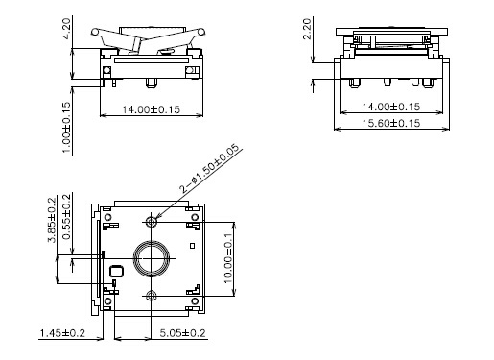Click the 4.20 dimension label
coord(66,29)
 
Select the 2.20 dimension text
coord(307,29)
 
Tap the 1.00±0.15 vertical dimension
coord(66,128)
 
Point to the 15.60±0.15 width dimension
coord(391,123)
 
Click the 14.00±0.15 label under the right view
coord(391,107)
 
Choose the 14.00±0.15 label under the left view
coord(152,109)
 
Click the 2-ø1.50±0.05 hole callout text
coord(209,169)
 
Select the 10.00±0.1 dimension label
coord(228,258)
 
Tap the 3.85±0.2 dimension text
coord(52,220)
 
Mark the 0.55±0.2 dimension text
coord(67,217)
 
